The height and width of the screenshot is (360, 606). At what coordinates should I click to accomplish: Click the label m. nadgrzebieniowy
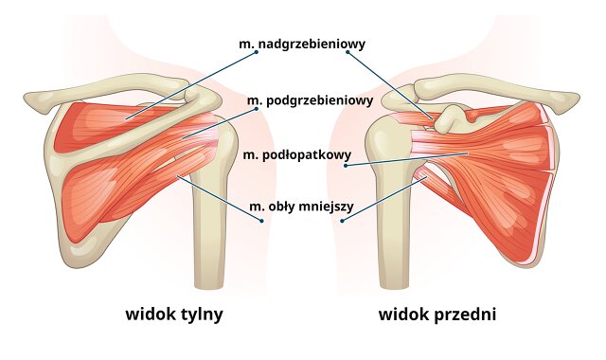[x=301, y=44]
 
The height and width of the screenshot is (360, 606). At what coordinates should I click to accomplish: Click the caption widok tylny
[x=174, y=314]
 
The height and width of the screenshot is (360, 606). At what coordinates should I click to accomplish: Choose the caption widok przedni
[x=437, y=314]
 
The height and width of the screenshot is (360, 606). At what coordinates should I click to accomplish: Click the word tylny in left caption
[x=200, y=314]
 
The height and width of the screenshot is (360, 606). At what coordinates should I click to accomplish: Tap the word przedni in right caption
[x=465, y=314]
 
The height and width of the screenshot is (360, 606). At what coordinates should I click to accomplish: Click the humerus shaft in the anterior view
[x=396, y=237]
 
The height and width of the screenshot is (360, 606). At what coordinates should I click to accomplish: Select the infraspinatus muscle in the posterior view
[x=123, y=175]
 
